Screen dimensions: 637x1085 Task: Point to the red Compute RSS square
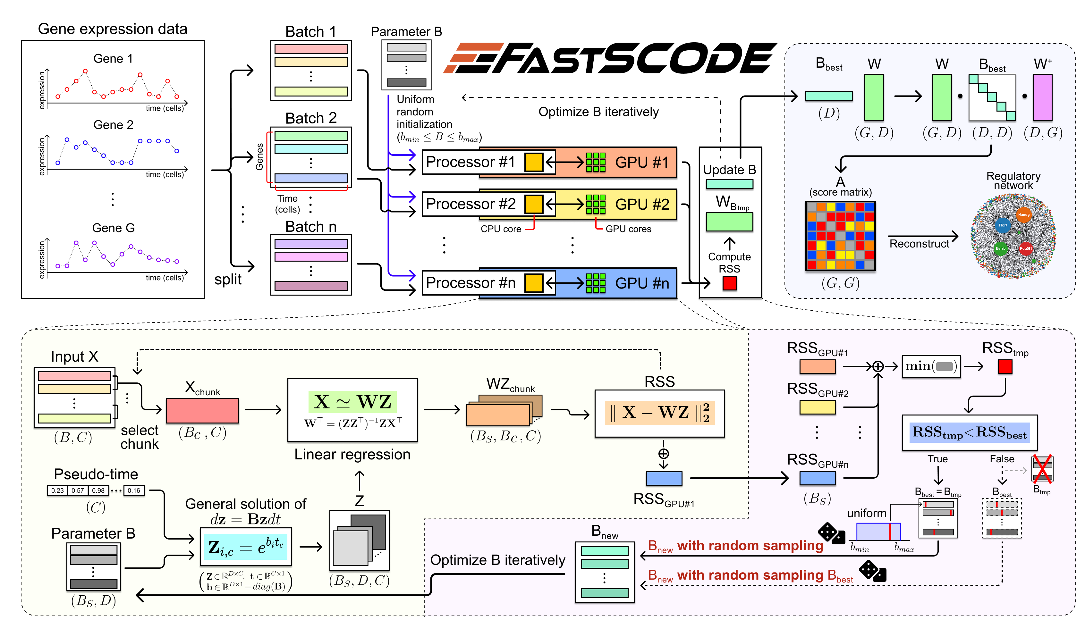(x=729, y=283)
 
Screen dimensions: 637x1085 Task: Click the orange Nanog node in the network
(x=1023, y=215)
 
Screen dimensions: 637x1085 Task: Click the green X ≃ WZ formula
(x=352, y=402)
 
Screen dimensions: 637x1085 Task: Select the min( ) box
(x=931, y=366)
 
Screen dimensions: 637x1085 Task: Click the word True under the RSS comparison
(x=937, y=459)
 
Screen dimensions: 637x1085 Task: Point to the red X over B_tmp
(x=1042, y=468)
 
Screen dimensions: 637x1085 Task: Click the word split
(x=228, y=279)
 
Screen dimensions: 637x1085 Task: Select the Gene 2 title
(x=113, y=125)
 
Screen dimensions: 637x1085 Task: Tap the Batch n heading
(x=310, y=226)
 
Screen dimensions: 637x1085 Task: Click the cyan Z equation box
(x=245, y=547)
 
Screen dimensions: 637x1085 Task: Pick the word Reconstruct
(x=919, y=244)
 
